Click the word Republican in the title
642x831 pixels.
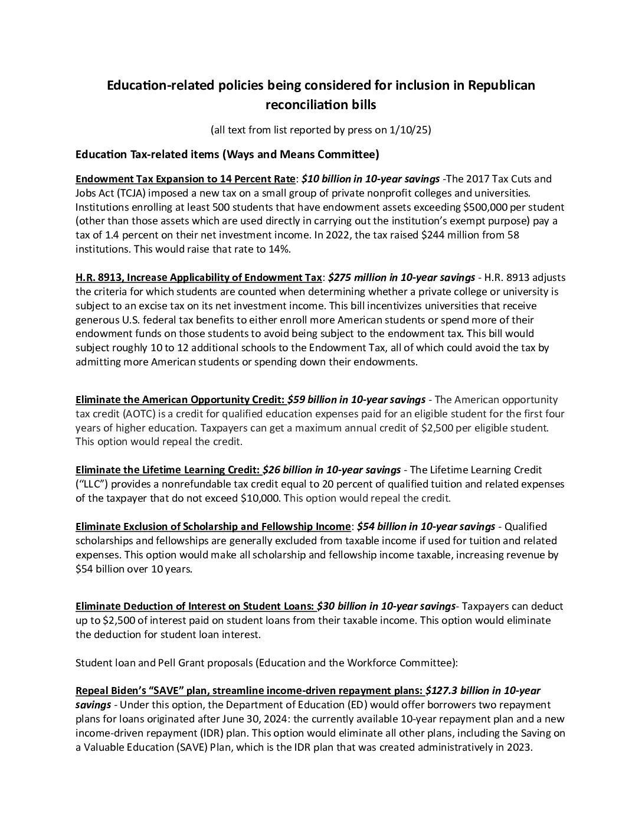coord(502,85)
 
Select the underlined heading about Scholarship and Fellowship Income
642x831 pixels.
coord(213,526)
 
